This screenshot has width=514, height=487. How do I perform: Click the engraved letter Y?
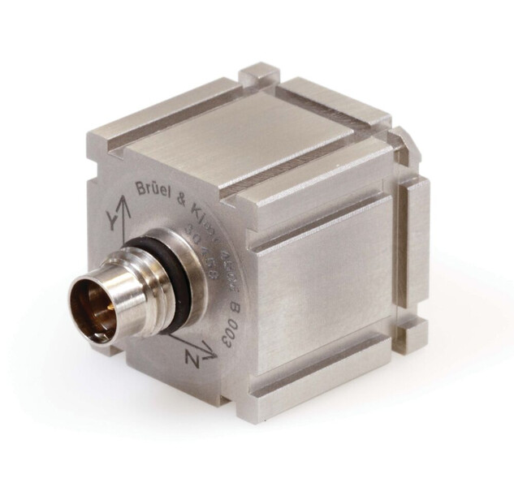106,221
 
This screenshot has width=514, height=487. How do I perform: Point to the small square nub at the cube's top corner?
258,75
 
